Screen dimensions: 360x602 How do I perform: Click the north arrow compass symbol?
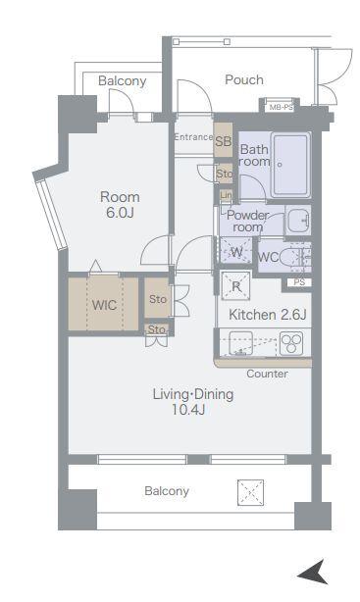313,573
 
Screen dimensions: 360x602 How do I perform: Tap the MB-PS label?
281,107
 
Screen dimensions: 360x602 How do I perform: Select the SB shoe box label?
224,141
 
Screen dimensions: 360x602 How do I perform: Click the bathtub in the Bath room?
290,165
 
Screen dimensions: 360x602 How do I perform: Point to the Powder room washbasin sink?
298,220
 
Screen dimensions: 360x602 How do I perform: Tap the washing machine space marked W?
235,251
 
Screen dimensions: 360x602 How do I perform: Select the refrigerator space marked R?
235,285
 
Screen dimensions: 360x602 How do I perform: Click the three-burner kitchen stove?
290,342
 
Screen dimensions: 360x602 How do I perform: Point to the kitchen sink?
240,343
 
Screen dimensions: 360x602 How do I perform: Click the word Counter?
267,374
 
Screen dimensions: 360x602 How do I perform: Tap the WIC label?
104,305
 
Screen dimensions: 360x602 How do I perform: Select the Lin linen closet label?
227,195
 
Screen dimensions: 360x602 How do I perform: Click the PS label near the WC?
299,282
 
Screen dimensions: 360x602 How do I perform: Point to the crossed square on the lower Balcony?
250,492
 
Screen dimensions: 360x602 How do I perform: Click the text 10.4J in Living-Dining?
188,410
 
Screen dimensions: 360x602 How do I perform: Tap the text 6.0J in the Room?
120,213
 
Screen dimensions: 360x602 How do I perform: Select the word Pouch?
244,79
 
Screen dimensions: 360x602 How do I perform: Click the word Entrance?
193,136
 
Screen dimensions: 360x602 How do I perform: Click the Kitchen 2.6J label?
268,315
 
